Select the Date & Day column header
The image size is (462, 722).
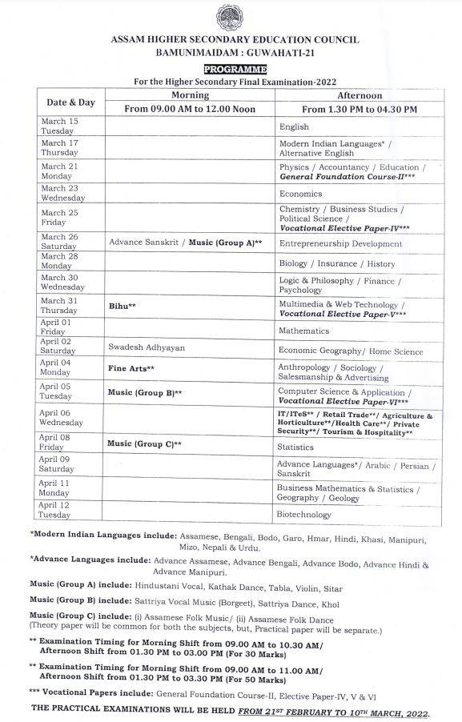[70, 102]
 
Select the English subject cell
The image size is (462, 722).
[293, 126]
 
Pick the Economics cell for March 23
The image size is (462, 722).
[300, 194]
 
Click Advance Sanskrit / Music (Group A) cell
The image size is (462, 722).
[186, 242]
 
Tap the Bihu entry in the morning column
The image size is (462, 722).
[122, 306]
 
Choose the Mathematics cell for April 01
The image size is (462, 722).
[303, 331]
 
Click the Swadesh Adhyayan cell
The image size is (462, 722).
[146, 348]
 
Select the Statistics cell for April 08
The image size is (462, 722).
[296, 447]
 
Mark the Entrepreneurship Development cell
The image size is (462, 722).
[339, 243]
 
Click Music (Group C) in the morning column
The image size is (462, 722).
[145, 443]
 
